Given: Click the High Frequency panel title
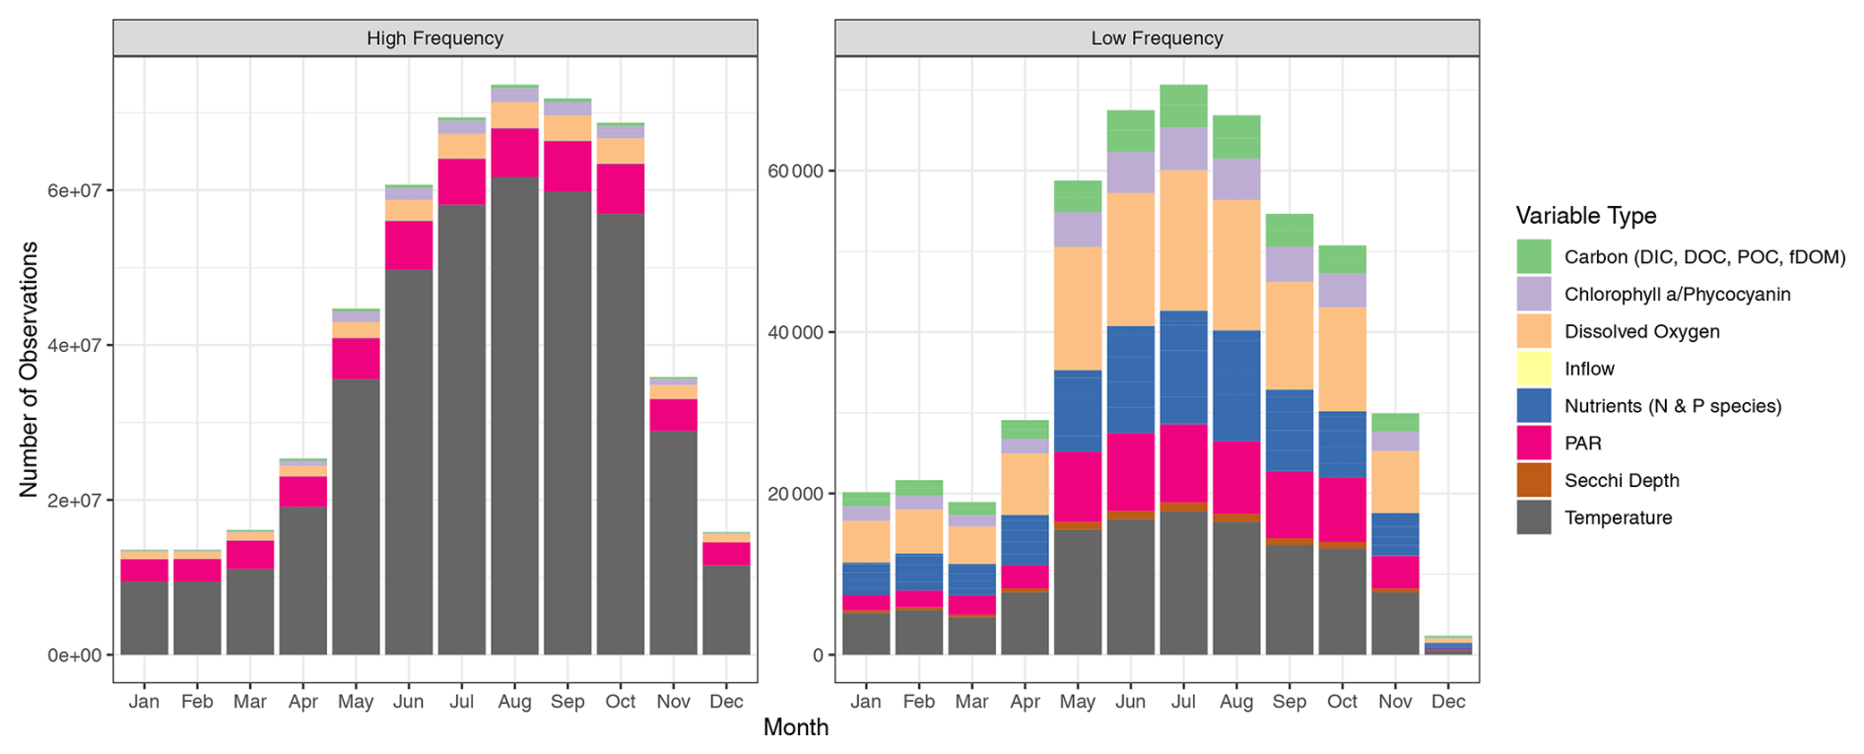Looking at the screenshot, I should click(x=434, y=38).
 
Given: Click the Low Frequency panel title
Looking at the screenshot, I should click(x=1157, y=38).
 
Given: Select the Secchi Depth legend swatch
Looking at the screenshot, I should click(x=1534, y=480).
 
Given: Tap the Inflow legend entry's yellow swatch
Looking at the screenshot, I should click(x=1534, y=369).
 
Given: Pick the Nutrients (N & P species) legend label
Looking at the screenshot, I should click(x=1672, y=406).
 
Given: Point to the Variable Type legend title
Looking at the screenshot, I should click(x=1585, y=216).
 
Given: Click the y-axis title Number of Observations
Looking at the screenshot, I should click(x=29, y=369).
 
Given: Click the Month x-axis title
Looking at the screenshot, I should click(x=795, y=727).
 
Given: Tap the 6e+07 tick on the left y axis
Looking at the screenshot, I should click(x=75, y=190).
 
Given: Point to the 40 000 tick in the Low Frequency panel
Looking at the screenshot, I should click(x=795, y=332).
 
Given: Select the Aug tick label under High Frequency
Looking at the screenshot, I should click(x=514, y=702).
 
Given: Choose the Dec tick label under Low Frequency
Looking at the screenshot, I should click(x=1447, y=702).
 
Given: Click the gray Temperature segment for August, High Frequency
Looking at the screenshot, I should click(x=514, y=414).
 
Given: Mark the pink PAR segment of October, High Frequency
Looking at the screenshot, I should click(x=621, y=188).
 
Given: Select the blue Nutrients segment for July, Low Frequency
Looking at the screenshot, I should click(x=1183, y=368).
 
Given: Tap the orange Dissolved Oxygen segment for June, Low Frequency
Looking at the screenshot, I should click(x=1130, y=259).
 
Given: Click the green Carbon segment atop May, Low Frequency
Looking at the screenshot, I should click(x=1078, y=196).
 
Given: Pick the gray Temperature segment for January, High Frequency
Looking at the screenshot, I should click(x=144, y=617).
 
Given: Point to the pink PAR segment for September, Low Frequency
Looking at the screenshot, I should click(x=1289, y=505).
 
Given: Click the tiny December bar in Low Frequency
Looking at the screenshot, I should click(x=1447, y=646).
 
